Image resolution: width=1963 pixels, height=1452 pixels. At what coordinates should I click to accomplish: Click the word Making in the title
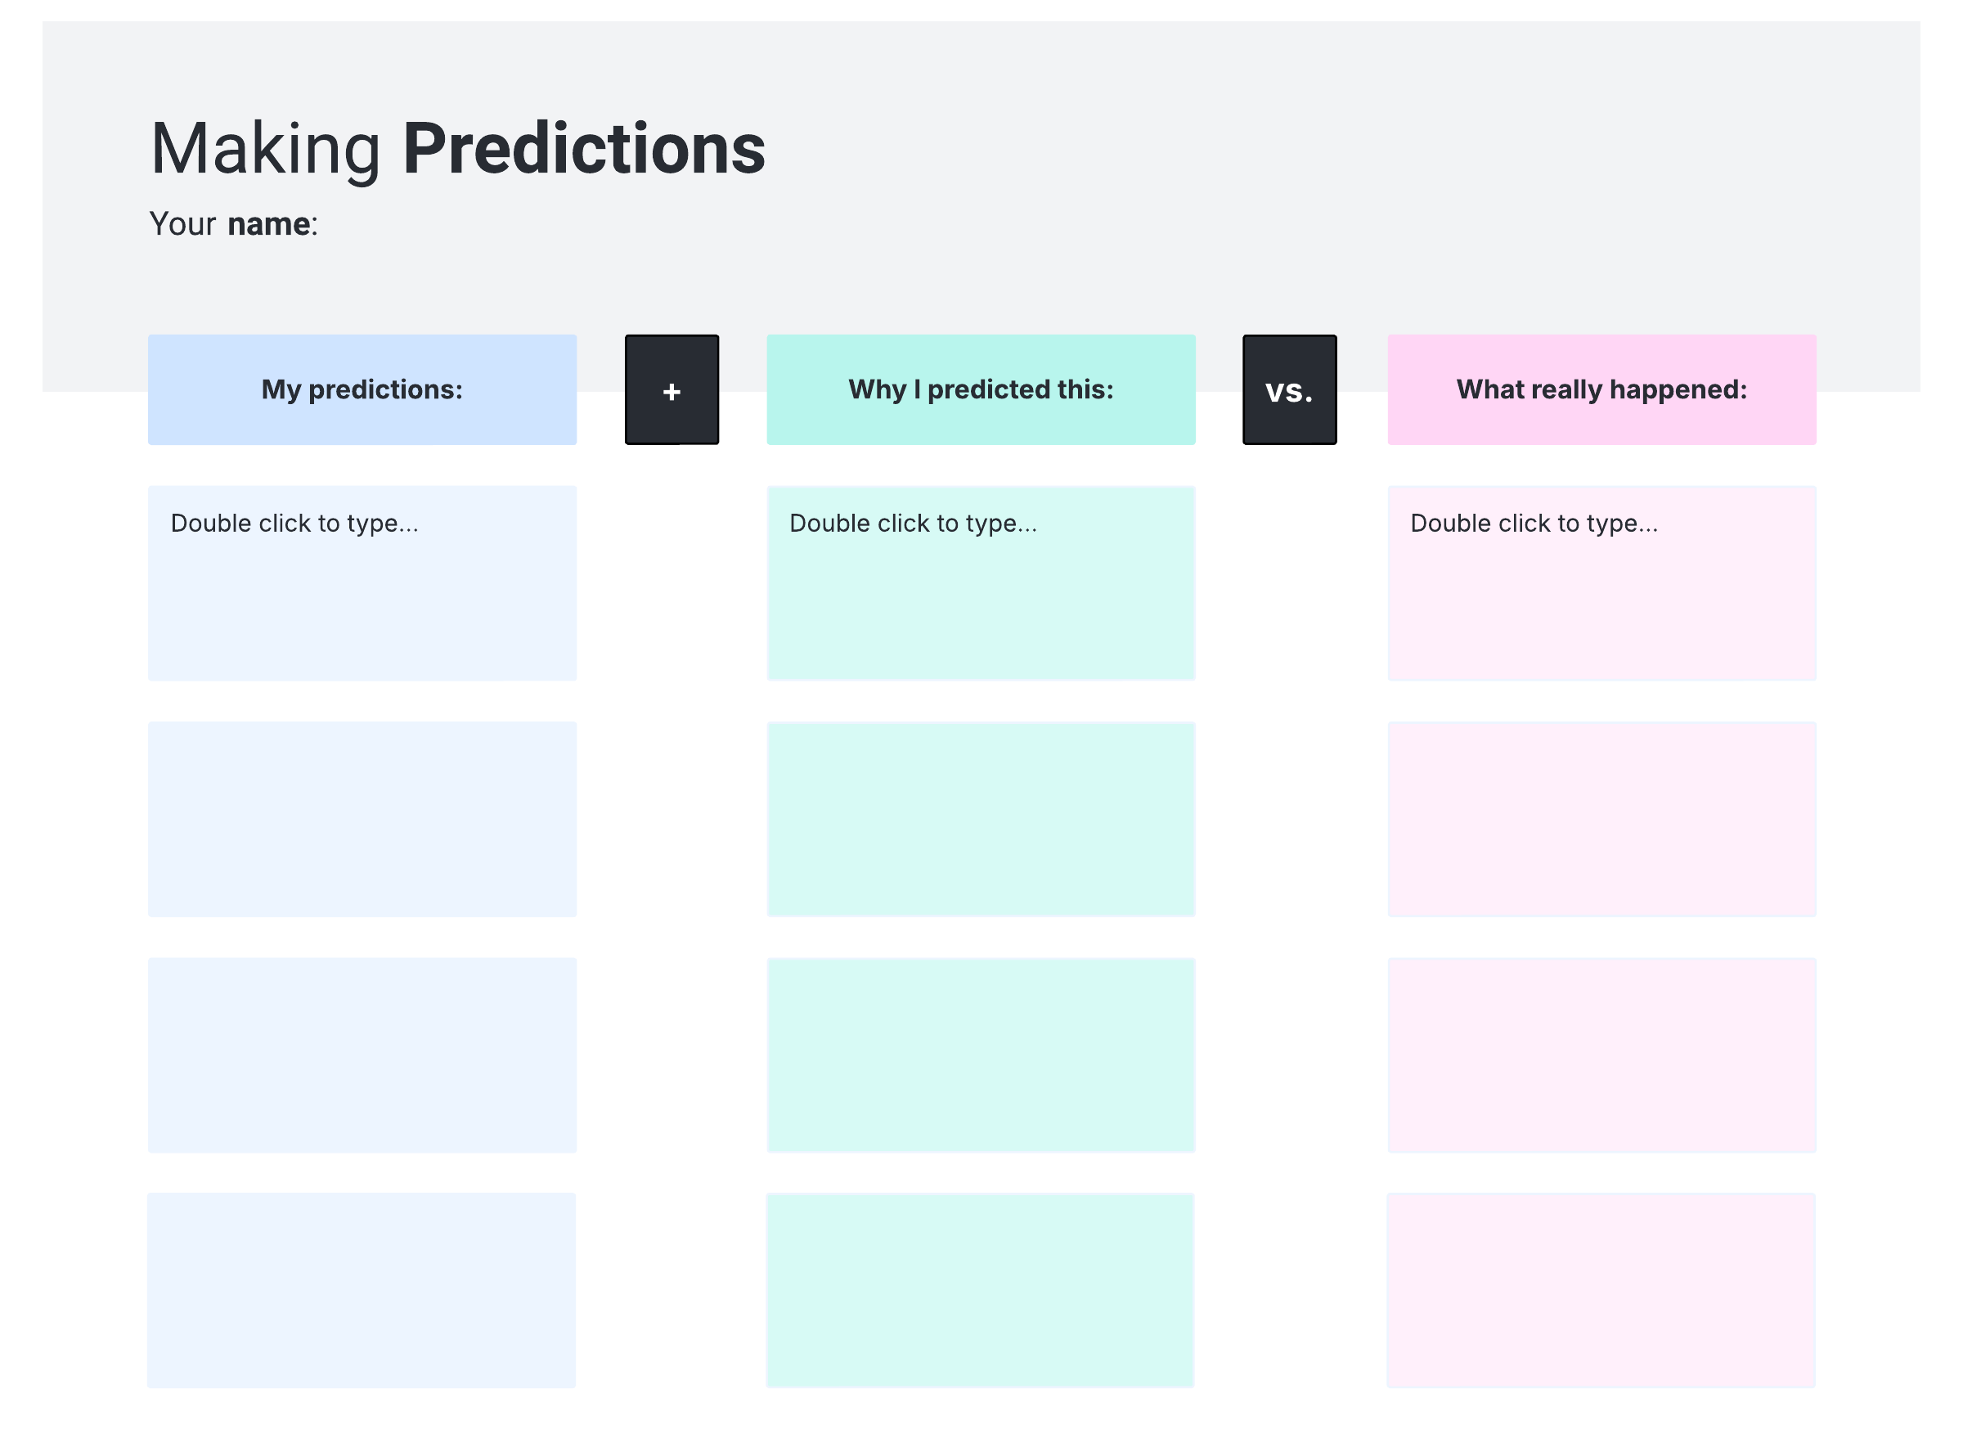pyautogui.click(x=265, y=151)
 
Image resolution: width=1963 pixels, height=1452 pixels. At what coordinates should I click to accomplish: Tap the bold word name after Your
pyautogui.click(x=268, y=224)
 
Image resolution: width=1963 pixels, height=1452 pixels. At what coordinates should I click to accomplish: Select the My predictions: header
pyautogui.click(x=362, y=389)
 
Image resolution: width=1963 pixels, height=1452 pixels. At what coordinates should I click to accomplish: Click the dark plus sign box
pyautogui.click(x=672, y=389)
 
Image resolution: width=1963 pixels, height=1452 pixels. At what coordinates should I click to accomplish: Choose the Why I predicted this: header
pyautogui.click(x=981, y=389)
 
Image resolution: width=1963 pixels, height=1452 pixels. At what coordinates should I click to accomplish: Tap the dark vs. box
pyautogui.click(x=1289, y=389)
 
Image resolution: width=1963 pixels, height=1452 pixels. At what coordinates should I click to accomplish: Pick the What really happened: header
pyautogui.click(x=1601, y=389)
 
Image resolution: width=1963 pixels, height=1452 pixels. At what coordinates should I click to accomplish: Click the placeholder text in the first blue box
pyautogui.click(x=294, y=524)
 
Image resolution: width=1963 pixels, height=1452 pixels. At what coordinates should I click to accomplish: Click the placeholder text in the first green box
pyautogui.click(x=913, y=524)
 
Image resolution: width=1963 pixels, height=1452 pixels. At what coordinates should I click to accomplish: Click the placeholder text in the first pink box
pyautogui.click(x=1534, y=524)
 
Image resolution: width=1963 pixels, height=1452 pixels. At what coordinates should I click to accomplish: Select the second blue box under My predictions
pyautogui.click(x=362, y=819)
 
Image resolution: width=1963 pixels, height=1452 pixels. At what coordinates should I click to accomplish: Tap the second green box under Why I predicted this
pyautogui.click(x=981, y=819)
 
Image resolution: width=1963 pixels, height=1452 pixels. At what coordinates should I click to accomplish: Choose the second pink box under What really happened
pyautogui.click(x=1601, y=819)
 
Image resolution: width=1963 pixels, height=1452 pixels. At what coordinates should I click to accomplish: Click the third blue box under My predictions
pyautogui.click(x=362, y=1054)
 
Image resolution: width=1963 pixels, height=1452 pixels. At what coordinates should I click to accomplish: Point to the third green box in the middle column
pyautogui.click(x=981, y=1054)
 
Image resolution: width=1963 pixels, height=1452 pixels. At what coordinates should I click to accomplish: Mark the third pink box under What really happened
pyautogui.click(x=1601, y=1054)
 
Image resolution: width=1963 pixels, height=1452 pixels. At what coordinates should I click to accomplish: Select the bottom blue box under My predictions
pyautogui.click(x=362, y=1290)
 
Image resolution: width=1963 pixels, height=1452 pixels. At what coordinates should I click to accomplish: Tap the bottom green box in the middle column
pyautogui.click(x=980, y=1290)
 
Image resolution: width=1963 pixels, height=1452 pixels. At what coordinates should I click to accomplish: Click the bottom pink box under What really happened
pyautogui.click(x=1600, y=1290)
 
